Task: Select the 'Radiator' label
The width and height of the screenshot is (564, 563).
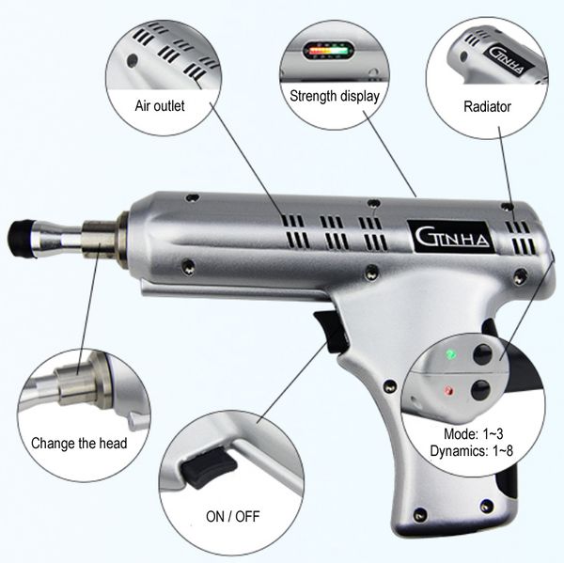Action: coord(487,106)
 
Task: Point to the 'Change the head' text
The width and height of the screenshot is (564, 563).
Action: coord(78,443)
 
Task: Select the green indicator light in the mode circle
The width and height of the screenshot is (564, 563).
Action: coord(451,354)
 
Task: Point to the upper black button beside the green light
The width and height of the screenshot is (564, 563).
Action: coord(486,354)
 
